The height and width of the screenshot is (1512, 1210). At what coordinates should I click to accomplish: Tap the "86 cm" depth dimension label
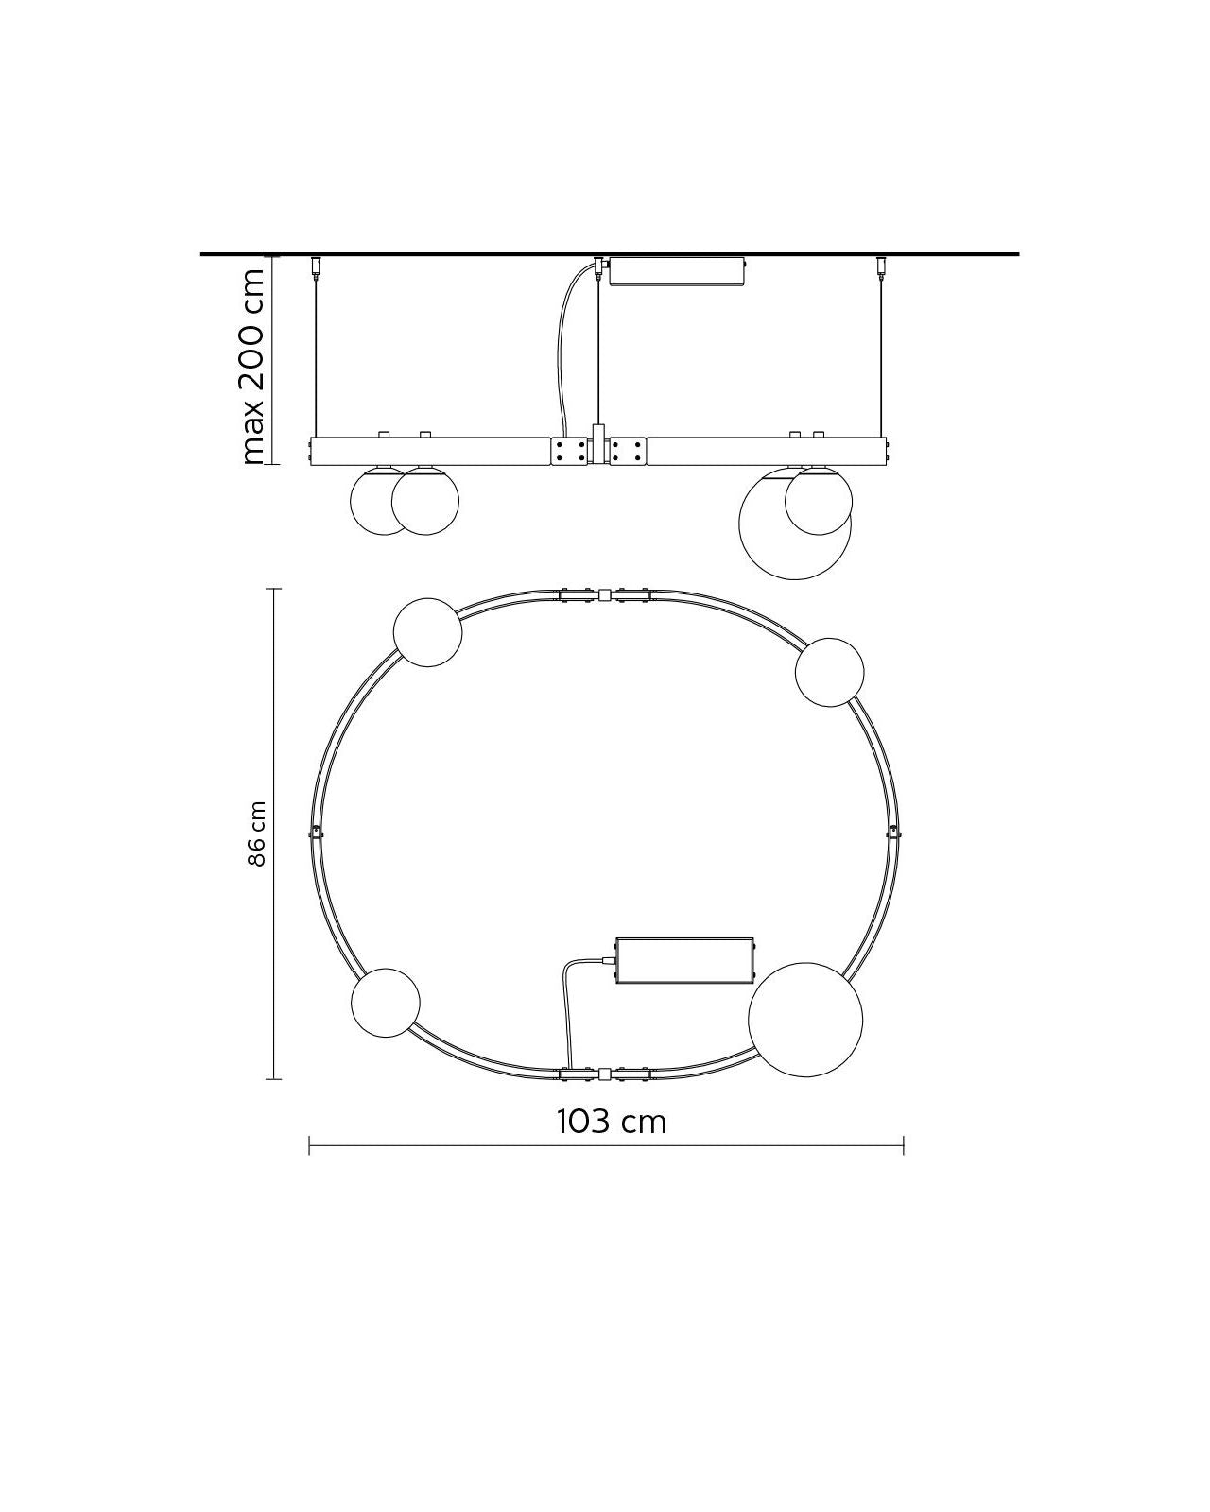tap(257, 834)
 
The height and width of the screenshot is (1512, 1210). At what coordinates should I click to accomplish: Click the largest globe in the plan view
tap(805, 1020)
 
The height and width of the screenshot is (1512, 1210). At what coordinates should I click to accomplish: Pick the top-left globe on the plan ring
tap(427, 632)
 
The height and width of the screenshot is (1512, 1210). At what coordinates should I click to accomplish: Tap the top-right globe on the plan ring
tap(830, 673)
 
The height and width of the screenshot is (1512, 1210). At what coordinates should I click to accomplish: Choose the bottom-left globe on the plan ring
tap(386, 1003)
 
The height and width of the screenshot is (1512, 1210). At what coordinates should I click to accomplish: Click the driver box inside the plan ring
tap(684, 960)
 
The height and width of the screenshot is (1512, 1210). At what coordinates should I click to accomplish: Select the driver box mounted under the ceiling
tap(677, 272)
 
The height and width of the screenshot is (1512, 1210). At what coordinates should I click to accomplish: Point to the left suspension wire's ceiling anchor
tap(315, 266)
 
